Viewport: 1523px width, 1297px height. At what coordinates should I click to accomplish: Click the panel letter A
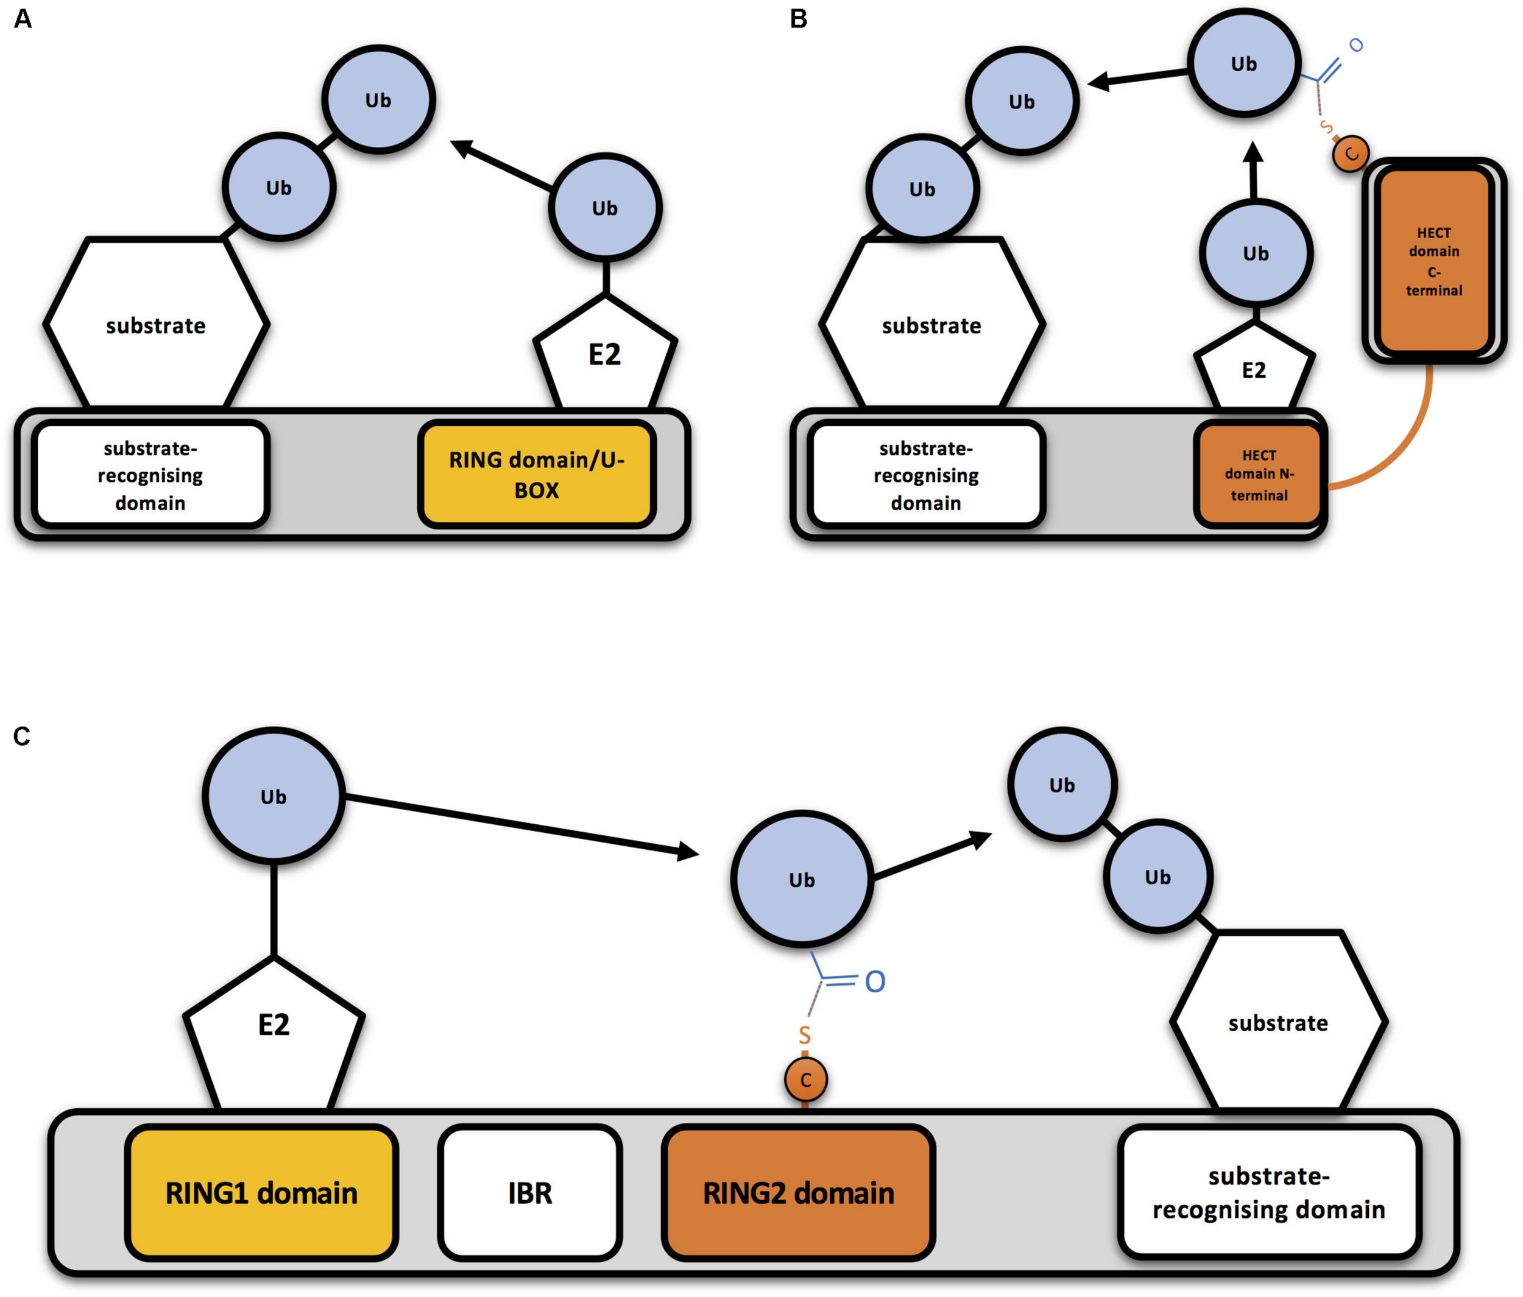point(23,18)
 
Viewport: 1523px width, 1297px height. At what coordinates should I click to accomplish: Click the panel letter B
point(798,18)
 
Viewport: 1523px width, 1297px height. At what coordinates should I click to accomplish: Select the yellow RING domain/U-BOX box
point(537,475)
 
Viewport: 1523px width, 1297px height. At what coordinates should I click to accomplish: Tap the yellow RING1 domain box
point(261,1193)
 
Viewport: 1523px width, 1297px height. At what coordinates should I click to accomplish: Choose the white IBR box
point(530,1193)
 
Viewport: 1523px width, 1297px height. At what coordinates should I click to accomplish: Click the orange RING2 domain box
point(798,1193)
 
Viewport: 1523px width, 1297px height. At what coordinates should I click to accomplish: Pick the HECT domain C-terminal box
point(1434,261)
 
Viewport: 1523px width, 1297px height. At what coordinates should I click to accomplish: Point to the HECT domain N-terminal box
point(1259,475)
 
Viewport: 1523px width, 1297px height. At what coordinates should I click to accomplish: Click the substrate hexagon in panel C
point(1278,1022)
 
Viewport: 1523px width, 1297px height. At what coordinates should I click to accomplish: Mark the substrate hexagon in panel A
point(156,325)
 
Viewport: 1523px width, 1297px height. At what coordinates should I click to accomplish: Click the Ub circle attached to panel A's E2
point(604,208)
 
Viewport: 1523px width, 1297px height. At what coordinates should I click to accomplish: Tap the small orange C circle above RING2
point(805,1080)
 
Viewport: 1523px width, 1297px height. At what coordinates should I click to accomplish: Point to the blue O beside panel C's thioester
point(875,981)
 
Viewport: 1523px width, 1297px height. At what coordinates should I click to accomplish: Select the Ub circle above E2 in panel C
point(274,796)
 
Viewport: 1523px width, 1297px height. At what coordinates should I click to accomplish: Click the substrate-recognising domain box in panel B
point(926,475)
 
